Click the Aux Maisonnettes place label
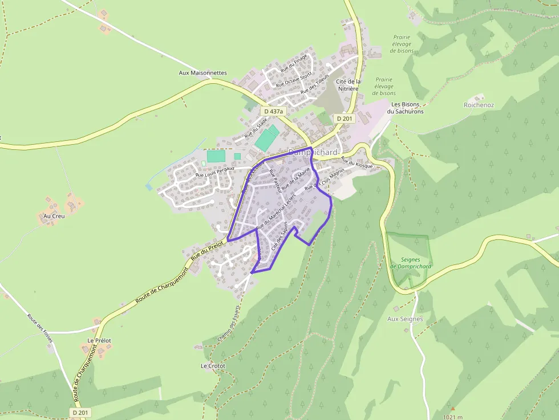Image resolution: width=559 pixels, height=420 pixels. pos(202,73)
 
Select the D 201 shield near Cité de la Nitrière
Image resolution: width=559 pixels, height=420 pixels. pos(345,118)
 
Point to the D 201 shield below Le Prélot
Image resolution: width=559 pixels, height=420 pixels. pos(81,412)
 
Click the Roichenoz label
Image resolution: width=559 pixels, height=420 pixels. pos(479,105)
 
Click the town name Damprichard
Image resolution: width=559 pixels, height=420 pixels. pos(313,153)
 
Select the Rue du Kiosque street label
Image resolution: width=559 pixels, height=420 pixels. pos(357,164)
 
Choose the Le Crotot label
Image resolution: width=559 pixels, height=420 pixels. pos(213,365)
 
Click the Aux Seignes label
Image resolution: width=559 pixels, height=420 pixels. pos(405,319)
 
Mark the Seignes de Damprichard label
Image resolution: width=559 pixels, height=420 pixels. pos(411,263)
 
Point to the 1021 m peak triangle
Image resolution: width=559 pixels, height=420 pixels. pos(452,409)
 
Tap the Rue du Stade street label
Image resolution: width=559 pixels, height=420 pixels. pos(256,128)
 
